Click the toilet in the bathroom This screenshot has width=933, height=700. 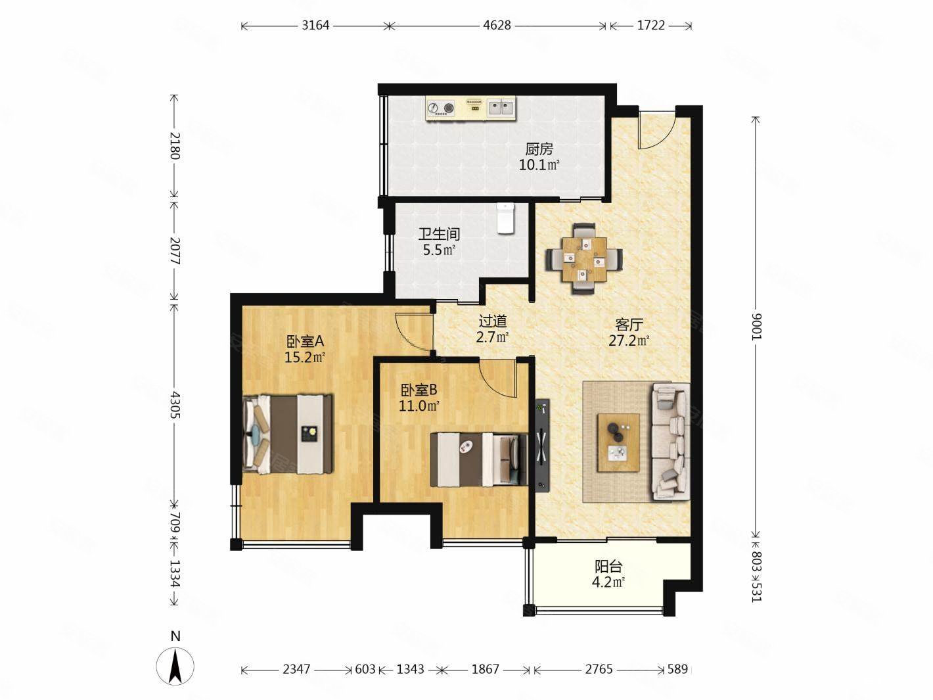coord(505,218)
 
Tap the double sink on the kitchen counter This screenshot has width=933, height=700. coord(501,108)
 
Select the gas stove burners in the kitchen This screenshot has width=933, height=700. coord(441,108)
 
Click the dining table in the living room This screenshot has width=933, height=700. coord(585,259)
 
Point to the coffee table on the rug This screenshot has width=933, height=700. coord(618,442)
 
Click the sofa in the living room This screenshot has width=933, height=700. coord(671,441)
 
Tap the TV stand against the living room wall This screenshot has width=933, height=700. coord(542,445)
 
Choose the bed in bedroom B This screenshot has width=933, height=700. coord(479,459)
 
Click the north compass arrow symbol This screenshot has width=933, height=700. coord(175,667)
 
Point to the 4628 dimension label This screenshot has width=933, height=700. coord(497,26)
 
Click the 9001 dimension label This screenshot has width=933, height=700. coord(757,327)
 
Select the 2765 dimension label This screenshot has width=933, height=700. coord(599,669)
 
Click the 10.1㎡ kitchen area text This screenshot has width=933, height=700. coord(539,164)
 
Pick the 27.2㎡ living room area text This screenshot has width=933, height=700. coord(629,341)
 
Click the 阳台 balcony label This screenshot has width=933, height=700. coord(608,567)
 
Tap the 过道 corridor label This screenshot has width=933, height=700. coord(493,321)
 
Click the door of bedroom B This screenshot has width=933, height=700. coord(498,378)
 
